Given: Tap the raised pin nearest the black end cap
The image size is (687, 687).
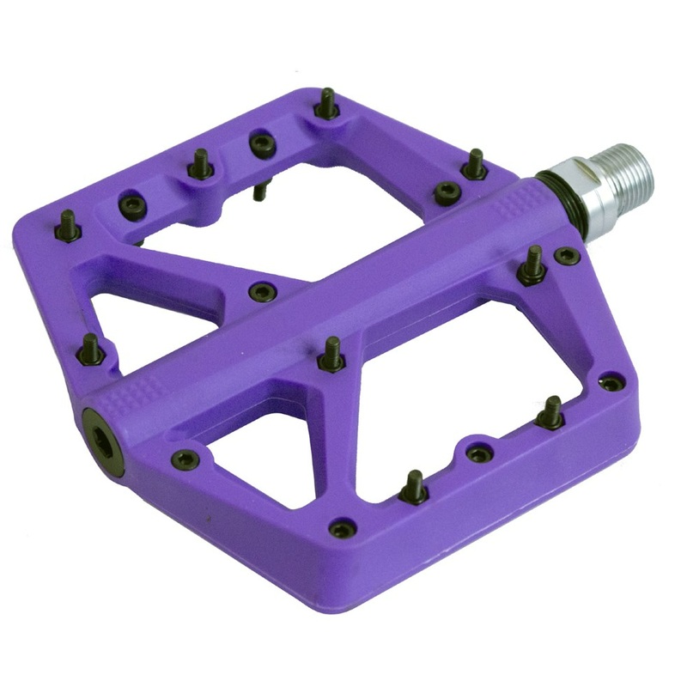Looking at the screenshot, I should tap(90, 349).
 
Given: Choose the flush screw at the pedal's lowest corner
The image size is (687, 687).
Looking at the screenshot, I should tap(342, 527).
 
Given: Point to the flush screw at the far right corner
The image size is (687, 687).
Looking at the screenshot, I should tap(611, 382).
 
